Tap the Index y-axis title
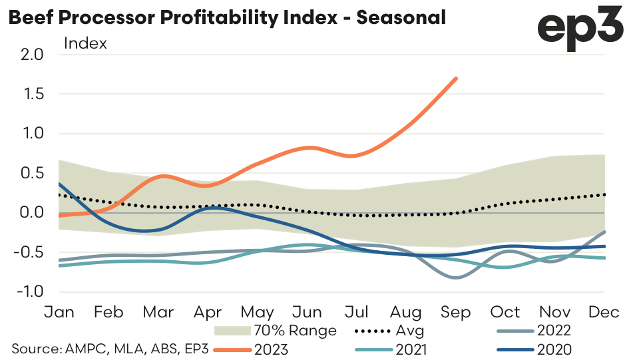85,44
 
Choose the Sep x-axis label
456,312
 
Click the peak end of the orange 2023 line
456,79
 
